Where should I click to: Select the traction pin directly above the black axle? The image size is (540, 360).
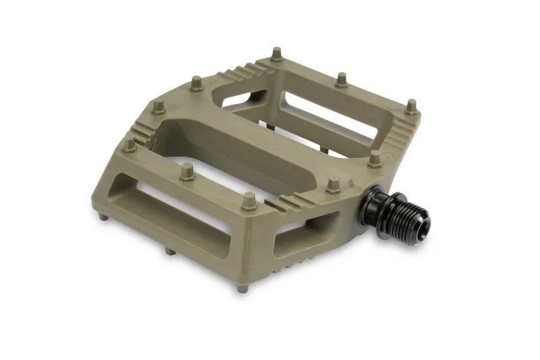375,158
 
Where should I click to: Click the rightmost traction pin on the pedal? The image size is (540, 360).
411,106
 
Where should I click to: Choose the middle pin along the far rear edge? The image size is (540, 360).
342,79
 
